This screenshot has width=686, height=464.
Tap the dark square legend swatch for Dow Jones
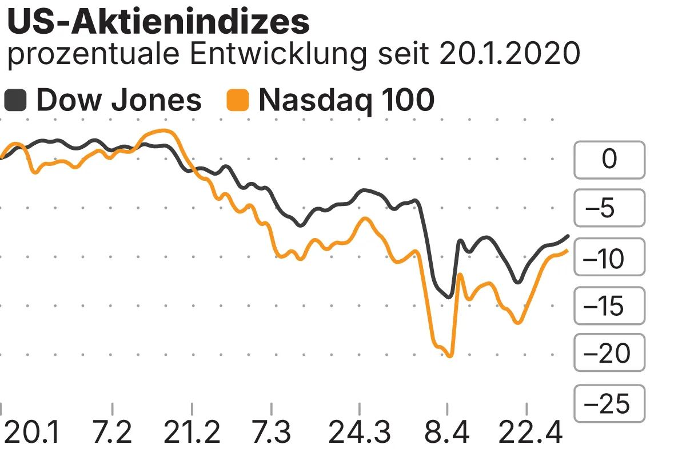click(15, 101)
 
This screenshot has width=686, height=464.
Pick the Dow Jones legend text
click(119, 101)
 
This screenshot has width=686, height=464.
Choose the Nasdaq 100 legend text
click(346, 101)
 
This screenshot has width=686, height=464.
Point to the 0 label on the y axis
click(609, 159)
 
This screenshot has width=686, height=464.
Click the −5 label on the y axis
click(609, 208)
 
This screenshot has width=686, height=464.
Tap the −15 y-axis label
click(609, 306)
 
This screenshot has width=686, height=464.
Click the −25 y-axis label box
click(609, 403)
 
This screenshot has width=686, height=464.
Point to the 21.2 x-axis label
click(192, 433)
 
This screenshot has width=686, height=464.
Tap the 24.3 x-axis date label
click(360, 433)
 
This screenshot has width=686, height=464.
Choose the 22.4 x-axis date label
click(526, 433)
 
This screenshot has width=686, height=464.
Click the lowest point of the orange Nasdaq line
click(450, 356)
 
